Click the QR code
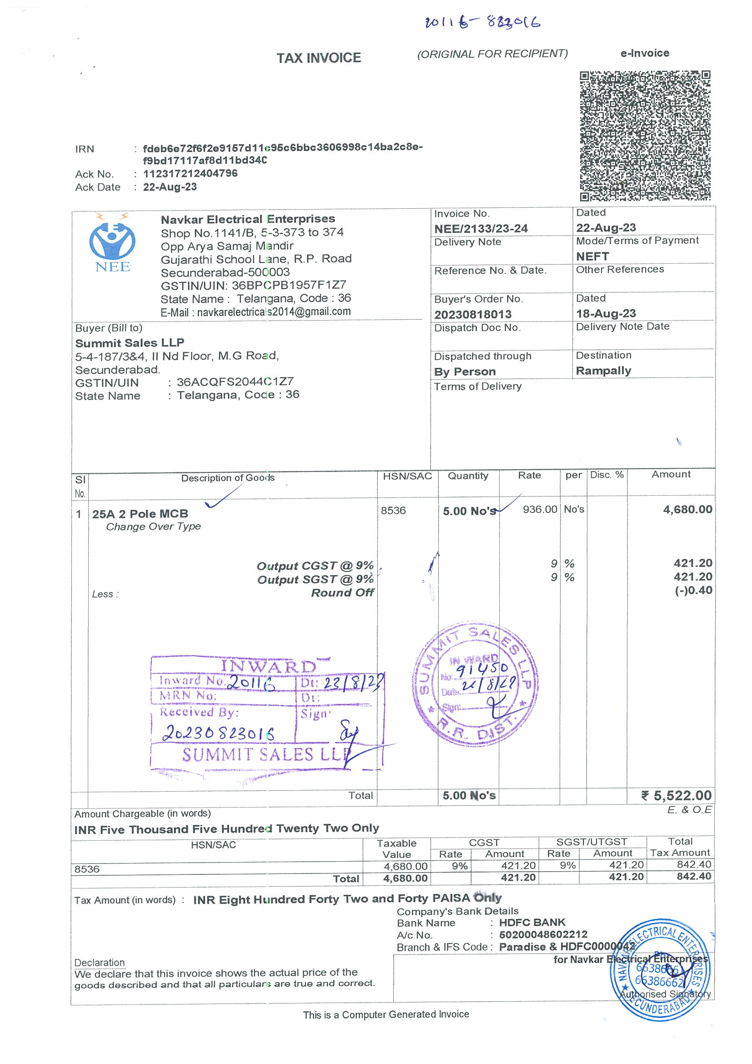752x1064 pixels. click(x=645, y=136)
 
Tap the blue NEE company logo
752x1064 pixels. click(x=112, y=243)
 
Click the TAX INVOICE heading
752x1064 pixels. click(x=319, y=58)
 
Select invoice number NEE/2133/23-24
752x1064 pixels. click(x=481, y=228)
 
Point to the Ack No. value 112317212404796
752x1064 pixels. click(x=191, y=173)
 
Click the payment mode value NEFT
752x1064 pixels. click(x=592, y=256)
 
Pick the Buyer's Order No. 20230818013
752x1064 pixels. click(x=472, y=315)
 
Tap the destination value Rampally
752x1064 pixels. click(x=603, y=371)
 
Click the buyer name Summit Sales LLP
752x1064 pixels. click(x=130, y=343)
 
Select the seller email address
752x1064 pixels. click(x=273, y=312)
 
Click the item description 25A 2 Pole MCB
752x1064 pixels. click(x=140, y=513)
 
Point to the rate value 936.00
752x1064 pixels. click(x=540, y=509)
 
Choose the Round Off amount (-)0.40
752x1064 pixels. click(x=693, y=590)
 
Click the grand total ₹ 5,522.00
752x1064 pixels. click(x=677, y=796)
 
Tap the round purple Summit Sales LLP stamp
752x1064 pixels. click(x=476, y=684)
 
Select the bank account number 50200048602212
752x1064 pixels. click(x=543, y=934)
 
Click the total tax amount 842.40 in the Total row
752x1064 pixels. click(x=694, y=876)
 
